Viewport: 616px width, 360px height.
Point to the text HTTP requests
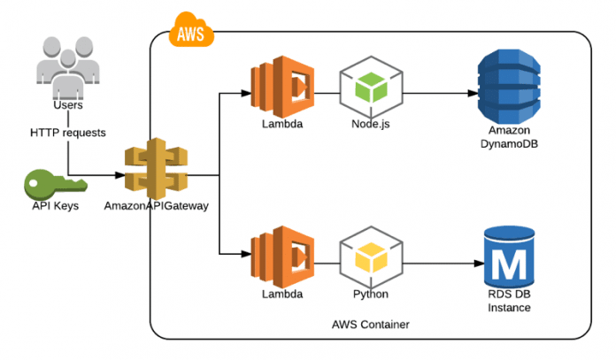click(68, 133)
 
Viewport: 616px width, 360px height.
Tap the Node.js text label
click(372, 124)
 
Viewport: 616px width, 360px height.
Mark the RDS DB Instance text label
click(509, 301)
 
